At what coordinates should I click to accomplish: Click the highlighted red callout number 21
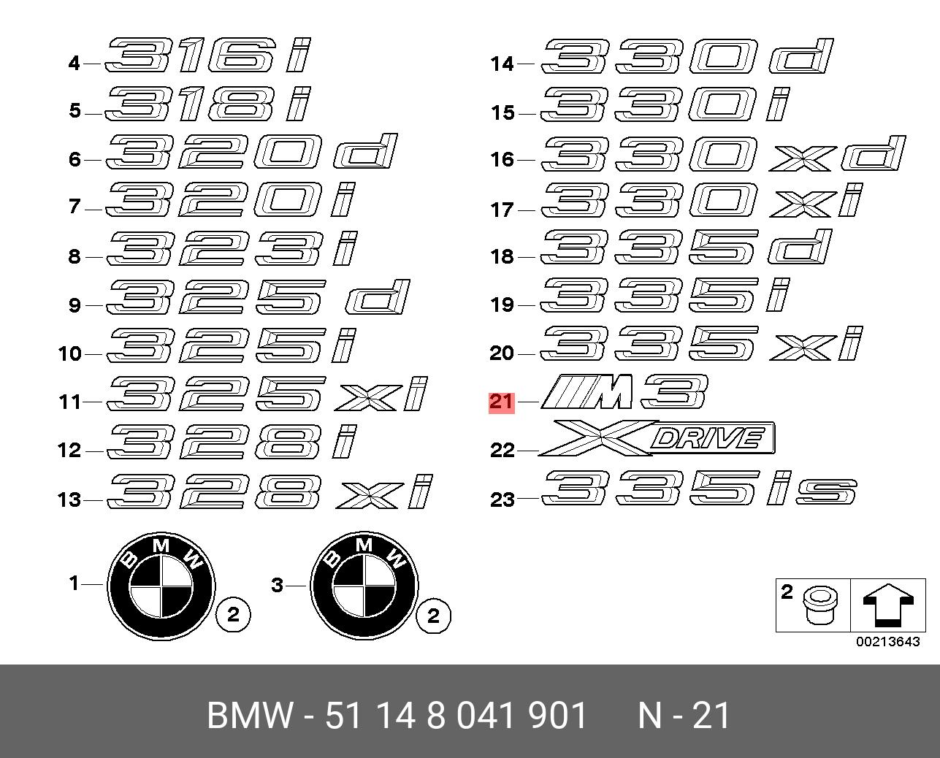click(501, 402)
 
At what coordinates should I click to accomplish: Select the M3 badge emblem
click(624, 391)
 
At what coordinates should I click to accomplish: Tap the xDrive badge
click(657, 437)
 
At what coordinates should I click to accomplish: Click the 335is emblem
click(699, 488)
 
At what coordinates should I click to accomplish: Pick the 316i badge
click(208, 55)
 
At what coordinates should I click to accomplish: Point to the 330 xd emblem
click(723, 153)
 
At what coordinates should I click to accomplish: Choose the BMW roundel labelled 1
click(161, 586)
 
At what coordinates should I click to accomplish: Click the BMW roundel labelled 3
click(364, 586)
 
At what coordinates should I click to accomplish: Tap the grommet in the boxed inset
click(821, 605)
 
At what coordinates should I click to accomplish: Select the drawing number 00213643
click(888, 642)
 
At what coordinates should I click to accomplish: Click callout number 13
click(69, 499)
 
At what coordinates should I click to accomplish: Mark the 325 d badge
click(258, 297)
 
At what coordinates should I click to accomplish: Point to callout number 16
click(502, 159)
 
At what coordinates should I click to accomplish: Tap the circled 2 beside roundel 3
click(433, 616)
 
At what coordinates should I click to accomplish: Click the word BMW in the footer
click(250, 716)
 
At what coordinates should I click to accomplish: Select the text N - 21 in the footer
click(684, 716)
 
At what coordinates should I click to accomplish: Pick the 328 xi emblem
click(270, 491)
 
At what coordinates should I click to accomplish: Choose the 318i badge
click(208, 104)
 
